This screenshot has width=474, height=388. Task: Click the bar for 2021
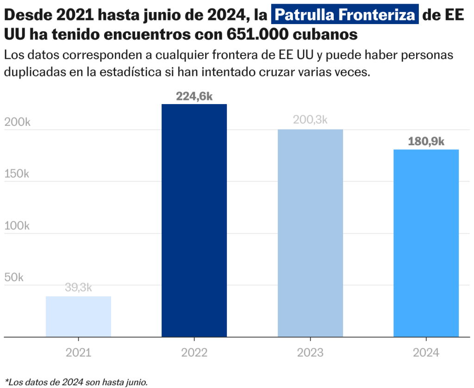click(x=78, y=317)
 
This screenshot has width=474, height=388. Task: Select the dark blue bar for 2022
click(x=194, y=221)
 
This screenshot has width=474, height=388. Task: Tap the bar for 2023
click(x=310, y=233)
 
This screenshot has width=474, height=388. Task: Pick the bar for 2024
click(x=426, y=243)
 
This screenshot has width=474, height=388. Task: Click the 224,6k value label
click(x=194, y=96)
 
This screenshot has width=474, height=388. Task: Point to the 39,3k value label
click(x=78, y=288)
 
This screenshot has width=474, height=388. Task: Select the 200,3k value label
click(x=310, y=120)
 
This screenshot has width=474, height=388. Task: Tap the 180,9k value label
click(x=426, y=142)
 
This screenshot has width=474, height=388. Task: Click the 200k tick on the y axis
click(x=17, y=123)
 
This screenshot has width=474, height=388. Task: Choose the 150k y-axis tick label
click(x=17, y=174)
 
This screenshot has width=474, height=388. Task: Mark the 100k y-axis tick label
click(x=17, y=226)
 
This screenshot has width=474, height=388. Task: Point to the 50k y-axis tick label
click(x=14, y=278)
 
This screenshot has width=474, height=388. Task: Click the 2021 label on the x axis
click(x=78, y=353)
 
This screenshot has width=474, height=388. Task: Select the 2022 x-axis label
click(x=194, y=353)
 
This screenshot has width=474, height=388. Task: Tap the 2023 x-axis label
click(x=310, y=353)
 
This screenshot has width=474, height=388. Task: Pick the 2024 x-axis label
click(x=426, y=353)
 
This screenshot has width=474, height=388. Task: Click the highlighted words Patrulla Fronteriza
click(x=345, y=16)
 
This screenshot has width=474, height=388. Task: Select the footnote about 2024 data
click(x=76, y=382)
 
